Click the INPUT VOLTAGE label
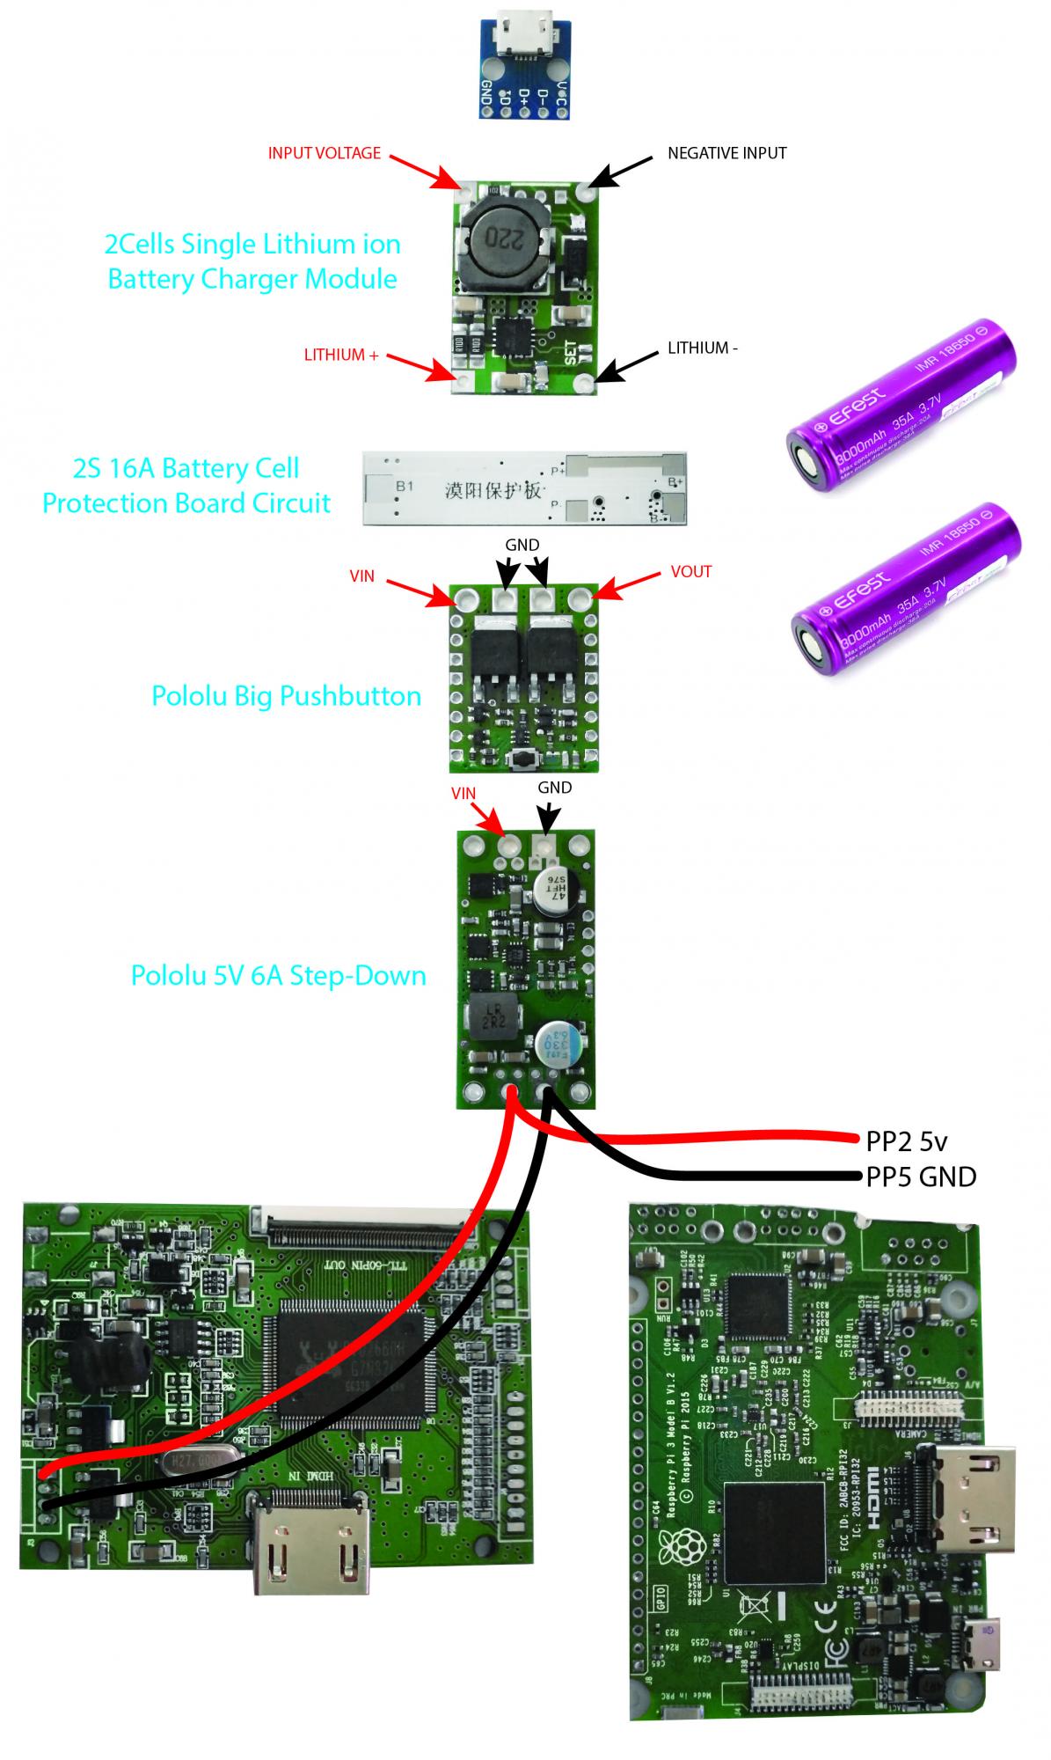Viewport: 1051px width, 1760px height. pos(324,153)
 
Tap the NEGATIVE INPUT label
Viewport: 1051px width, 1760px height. pos(726,153)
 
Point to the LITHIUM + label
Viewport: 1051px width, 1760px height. pos(340,356)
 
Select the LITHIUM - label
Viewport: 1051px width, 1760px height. pos(702,348)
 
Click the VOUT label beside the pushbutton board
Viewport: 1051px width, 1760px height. pos(690,572)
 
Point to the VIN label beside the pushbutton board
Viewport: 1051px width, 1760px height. pos(361,576)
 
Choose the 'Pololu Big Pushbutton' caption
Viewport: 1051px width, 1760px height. pos(286,696)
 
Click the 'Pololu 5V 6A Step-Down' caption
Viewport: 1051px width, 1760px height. pos(278,976)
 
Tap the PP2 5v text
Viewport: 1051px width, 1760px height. pos(907,1142)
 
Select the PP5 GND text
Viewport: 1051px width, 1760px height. pos(921,1177)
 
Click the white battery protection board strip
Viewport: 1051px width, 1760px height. pos(525,489)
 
